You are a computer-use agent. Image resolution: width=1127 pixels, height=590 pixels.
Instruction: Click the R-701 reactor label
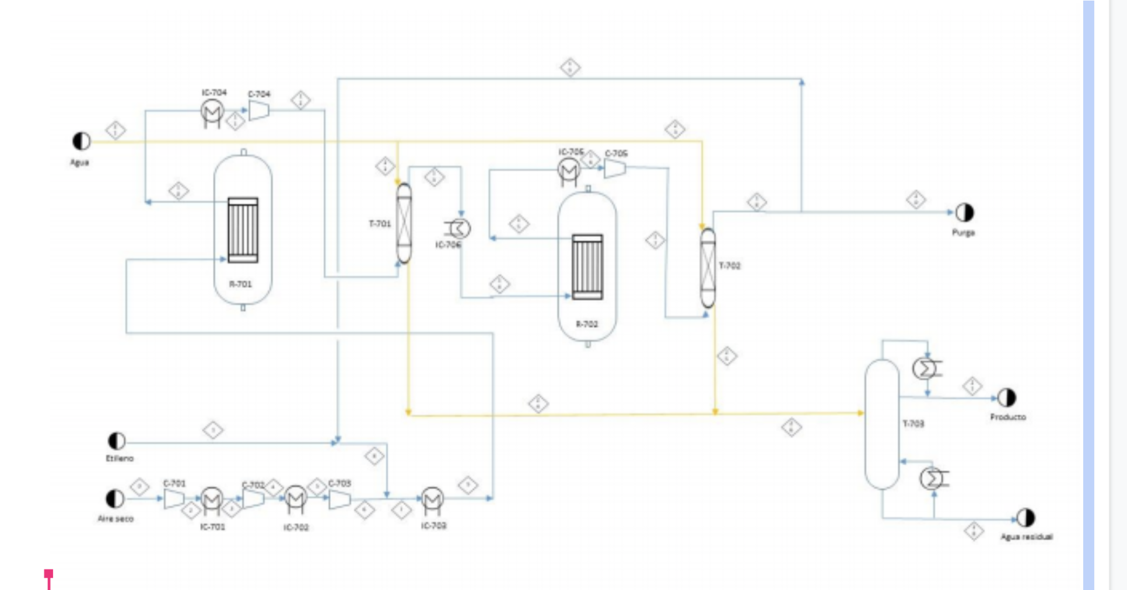click(x=240, y=285)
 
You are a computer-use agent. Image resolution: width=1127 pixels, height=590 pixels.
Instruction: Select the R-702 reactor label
click(x=587, y=324)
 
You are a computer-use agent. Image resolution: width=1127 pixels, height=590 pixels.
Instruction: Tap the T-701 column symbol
click(x=404, y=223)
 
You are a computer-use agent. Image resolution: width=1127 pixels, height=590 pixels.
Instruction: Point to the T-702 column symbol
click(x=708, y=268)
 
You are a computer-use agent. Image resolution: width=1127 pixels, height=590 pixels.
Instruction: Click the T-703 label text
click(x=914, y=424)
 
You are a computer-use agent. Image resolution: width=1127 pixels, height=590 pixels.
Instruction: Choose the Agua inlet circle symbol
click(x=82, y=141)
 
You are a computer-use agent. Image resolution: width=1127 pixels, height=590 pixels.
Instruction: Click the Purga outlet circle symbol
click(x=964, y=213)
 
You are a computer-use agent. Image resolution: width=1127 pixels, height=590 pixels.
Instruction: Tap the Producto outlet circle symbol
click(x=1007, y=398)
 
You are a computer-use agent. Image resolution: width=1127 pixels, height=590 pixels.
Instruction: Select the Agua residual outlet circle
click(x=1025, y=518)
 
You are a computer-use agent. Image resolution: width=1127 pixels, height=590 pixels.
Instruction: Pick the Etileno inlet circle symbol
click(x=117, y=441)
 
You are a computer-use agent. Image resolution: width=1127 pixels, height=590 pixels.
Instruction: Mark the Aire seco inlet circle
click(x=115, y=498)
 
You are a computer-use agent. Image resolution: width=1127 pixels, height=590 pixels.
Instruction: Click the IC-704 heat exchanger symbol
click(x=212, y=111)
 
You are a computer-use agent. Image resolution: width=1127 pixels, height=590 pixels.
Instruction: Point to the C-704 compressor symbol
click(x=259, y=110)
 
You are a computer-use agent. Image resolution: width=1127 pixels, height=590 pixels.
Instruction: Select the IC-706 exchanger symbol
click(x=459, y=228)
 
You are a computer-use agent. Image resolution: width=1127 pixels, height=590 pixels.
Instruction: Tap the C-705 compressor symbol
click(x=615, y=168)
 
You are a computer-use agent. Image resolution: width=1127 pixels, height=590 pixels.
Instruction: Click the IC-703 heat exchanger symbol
click(x=432, y=499)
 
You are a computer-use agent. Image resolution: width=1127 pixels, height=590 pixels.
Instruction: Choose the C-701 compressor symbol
click(x=174, y=498)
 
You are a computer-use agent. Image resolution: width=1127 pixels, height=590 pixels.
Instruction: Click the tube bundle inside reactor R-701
click(x=243, y=230)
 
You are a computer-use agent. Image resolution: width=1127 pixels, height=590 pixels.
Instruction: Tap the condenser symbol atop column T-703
click(x=926, y=368)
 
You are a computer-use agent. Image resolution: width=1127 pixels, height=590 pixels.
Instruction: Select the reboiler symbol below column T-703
click(x=933, y=478)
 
